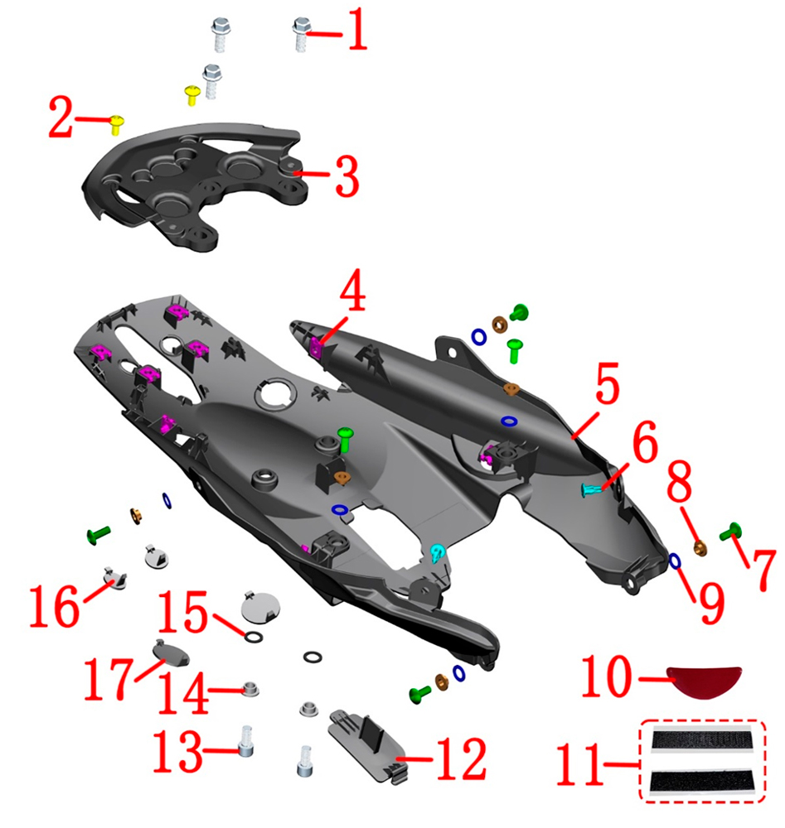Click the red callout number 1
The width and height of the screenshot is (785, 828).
[x=357, y=29]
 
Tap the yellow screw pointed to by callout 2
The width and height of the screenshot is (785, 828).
[x=117, y=125]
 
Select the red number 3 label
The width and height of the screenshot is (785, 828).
[x=346, y=176]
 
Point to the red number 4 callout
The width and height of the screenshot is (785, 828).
[x=352, y=290]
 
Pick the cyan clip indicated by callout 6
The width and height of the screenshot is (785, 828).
[x=591, y=489]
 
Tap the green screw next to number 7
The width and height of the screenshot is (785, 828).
[x=731, y=531]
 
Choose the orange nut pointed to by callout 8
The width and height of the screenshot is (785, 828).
[x=700, y=548]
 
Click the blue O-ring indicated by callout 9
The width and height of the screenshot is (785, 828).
[x=675, y=561]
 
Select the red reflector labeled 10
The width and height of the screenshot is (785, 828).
[x=704, y=681]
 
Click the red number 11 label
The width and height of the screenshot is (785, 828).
[x=579, y=763]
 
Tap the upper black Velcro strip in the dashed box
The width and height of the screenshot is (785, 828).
[x=701, y=739]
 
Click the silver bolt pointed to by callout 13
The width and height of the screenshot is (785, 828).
[x=245, y=741]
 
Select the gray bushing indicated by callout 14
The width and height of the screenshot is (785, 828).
[x=250, y=689]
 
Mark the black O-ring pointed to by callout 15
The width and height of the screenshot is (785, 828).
[x=254, y=637]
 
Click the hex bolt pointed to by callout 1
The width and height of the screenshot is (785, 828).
[x=302, y=34]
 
